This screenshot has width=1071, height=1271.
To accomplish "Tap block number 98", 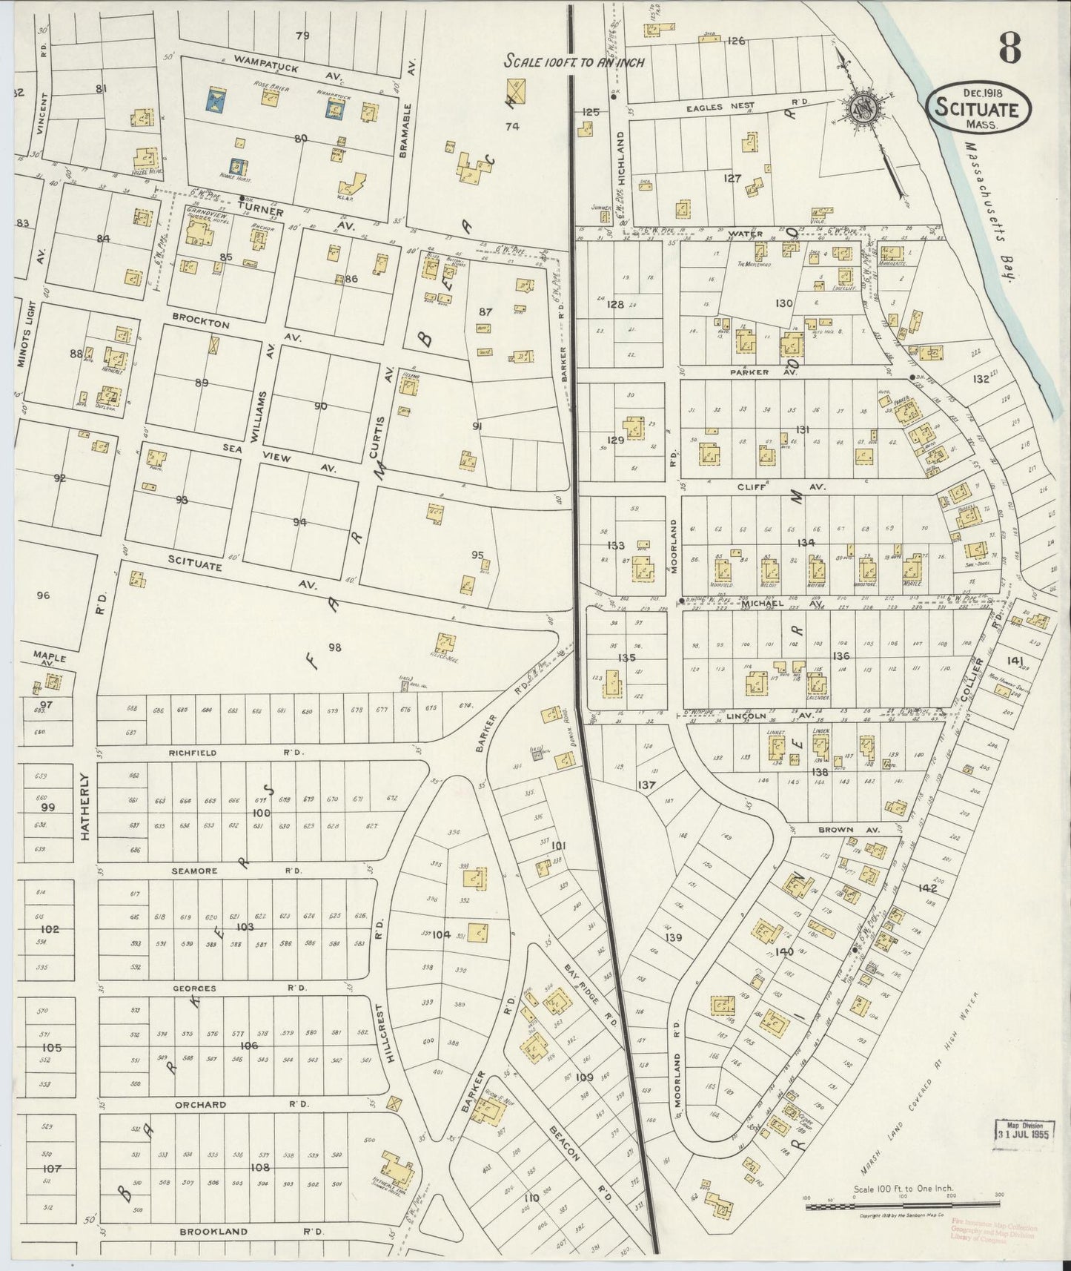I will [334, 647].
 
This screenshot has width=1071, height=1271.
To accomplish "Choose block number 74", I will [511, 126].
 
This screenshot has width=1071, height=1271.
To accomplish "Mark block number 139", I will [673, 938].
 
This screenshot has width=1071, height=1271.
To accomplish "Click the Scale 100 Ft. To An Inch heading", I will [574, 62].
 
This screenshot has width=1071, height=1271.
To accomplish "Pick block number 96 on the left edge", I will [43, 595].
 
